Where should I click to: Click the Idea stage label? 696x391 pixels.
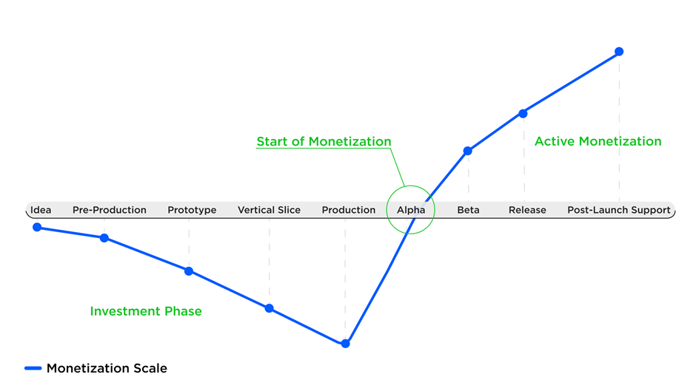click(41, 210)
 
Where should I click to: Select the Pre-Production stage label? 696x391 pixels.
click(109, 210)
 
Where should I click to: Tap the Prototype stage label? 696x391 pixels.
click(192, 210)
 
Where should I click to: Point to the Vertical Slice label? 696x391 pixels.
click(269, 210)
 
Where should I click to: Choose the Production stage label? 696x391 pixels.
click(349, 210)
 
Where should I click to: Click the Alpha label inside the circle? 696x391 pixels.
click(411, 210)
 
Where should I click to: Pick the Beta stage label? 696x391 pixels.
click(468, 210)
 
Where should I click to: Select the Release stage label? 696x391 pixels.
click(527, 210)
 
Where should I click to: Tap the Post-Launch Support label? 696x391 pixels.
click(619, 210)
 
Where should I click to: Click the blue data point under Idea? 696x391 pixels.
click(37, 228)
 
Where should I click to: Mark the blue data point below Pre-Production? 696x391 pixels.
click(104, 238)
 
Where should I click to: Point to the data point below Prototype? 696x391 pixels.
click(189, 271)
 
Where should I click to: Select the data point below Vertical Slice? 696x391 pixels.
click(269, 308)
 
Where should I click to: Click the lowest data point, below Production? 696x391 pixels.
click(345, 344)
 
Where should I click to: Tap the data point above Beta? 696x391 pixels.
click(467, 152)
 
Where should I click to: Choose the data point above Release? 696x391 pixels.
click(523, 114)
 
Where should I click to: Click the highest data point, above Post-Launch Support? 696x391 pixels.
click(619, 52)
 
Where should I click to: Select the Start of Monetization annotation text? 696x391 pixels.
click(324, 141)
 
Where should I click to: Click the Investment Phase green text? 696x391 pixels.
click(146, 311)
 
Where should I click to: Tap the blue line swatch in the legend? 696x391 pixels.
click(33, 368)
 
